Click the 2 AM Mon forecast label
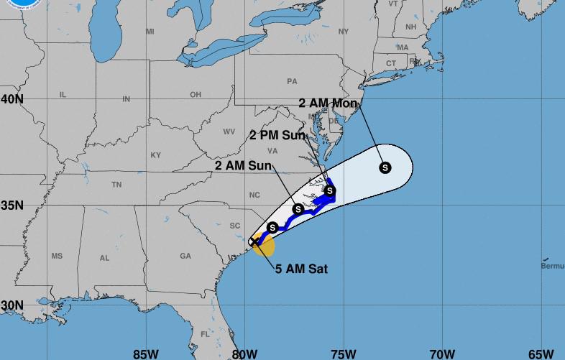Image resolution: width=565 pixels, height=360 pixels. (328, 103)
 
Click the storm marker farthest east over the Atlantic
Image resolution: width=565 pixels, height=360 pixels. (385, 167)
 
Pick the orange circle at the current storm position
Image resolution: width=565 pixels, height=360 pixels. (264, 246)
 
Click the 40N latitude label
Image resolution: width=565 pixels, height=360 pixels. (12, 98)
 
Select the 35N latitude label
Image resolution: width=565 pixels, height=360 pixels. (12, 205)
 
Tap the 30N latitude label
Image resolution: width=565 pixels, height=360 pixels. (12, 305)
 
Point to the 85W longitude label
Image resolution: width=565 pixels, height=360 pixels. (146, 353)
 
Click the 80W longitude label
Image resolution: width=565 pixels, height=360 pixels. (244, 353)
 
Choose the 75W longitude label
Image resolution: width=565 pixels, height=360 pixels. (344, 353)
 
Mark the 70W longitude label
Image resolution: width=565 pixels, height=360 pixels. (442, 353)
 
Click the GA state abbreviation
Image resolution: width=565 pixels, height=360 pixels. (185, 256)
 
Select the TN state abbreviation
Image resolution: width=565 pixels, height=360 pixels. (116, 185)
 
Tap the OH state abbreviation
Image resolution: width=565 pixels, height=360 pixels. (196, 95)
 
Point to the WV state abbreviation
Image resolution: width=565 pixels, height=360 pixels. (229, 131)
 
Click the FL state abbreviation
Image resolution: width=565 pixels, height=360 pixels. (205, 334)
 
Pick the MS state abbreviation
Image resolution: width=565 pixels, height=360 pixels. (57, 257)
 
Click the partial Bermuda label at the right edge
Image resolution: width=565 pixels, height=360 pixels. (552, 267)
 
